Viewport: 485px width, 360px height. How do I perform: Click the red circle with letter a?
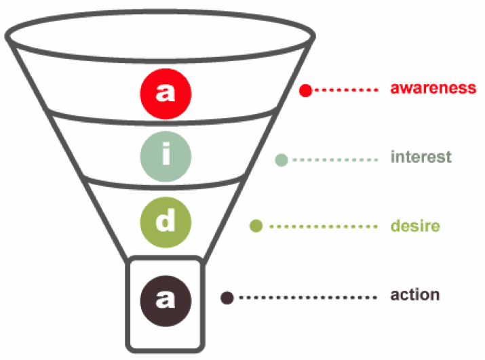pyautogui.click(x=166, y=91)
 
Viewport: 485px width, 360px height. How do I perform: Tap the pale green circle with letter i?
pyautogui.click(x=166, y=157)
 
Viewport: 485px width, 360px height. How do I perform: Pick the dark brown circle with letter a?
pyautogui.click(x=166, y=298)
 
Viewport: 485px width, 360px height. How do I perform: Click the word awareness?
pyautogui.click(x=433, y=88)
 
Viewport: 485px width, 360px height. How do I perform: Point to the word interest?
pyautogui.click(x=421, y=157)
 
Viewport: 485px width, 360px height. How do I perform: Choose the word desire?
pyautogui.click(x=415, y=226)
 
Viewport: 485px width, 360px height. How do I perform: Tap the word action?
pyautogui.click(x=415, y=295)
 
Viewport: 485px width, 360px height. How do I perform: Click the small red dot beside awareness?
pyautogui.click(x=306, y=90)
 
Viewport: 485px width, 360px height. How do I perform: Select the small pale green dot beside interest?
pyautogui.click(x=282, y=160)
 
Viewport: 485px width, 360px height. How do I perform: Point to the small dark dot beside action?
pyautogui.click(x=227, y=297)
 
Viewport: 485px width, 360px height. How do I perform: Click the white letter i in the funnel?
pyautogui.click(x=166, y=155)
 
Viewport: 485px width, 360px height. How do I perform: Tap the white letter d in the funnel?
pyautogui.click(x=166, y=222)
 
